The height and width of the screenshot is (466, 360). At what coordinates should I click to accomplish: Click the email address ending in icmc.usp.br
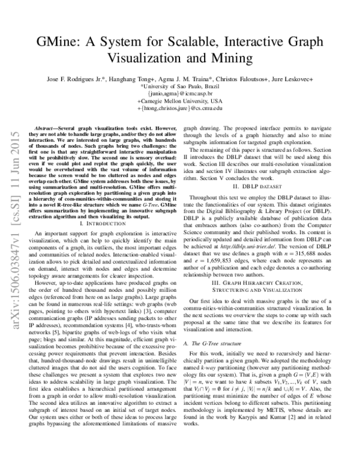pyautogui.click(x=179, y=94)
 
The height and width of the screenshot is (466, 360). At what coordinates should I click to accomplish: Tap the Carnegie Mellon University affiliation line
pyautogui.click(x=179, y=101)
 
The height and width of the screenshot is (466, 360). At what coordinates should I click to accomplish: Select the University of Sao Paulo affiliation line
pyautogui.click(x=179, y=86)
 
